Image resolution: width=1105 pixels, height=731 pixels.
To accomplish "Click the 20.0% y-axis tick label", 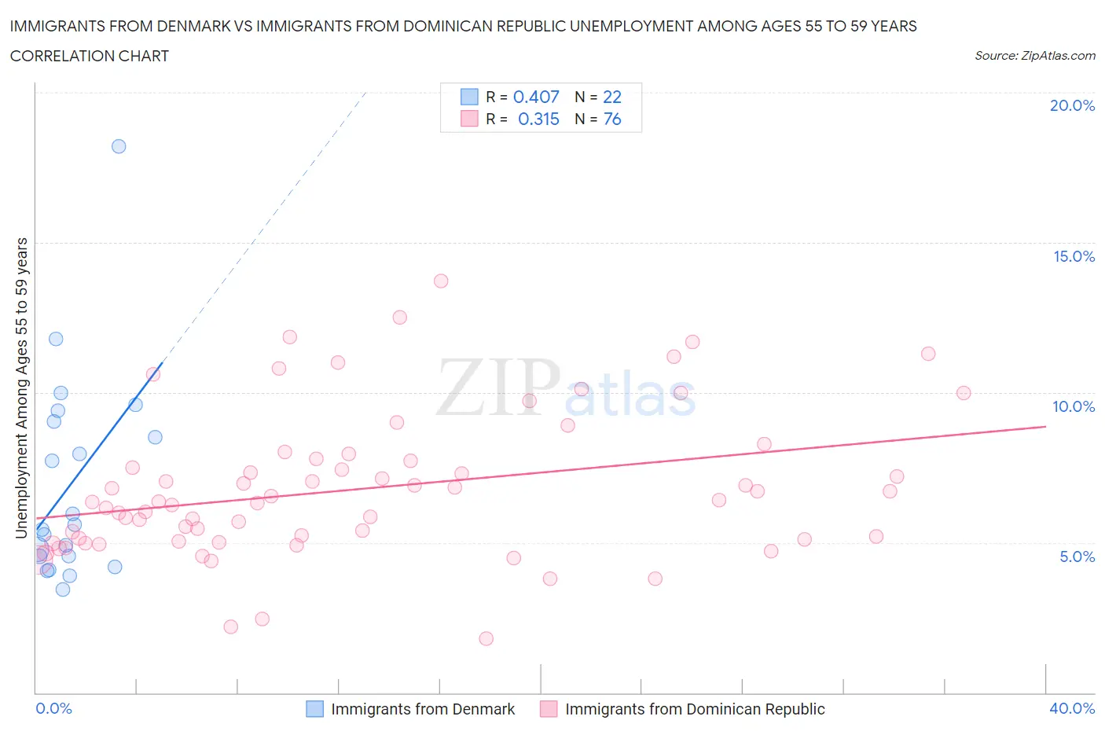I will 1072,105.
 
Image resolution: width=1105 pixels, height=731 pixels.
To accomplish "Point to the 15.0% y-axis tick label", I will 1074,256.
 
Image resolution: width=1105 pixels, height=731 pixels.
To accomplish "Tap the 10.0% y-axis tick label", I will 1074,406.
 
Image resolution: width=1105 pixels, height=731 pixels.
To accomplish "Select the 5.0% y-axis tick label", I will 1077,557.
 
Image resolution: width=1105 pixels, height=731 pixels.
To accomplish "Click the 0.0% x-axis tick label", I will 53,708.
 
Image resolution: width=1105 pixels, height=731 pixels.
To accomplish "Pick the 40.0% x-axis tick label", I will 1072,708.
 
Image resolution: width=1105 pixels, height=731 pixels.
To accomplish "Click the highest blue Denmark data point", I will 119,146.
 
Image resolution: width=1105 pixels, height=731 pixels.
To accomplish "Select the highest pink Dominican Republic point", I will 441,281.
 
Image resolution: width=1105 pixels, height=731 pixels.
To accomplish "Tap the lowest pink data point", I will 486,638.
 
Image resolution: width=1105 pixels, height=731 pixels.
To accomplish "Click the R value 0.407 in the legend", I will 536,97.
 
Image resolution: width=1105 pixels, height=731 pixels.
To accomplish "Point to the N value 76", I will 612,119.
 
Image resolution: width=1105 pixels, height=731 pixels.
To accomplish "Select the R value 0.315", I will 538,119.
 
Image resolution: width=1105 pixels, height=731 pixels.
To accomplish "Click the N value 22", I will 612,97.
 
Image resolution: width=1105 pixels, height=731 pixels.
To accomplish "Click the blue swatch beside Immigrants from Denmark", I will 314,709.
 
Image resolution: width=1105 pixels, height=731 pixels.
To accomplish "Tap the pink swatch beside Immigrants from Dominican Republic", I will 549,709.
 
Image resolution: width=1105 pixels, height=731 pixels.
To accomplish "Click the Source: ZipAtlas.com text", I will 1034,55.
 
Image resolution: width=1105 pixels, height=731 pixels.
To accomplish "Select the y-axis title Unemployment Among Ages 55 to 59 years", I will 22,388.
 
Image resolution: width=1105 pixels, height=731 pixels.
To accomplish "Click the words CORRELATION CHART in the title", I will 90,56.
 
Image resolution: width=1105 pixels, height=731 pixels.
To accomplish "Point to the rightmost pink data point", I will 964,393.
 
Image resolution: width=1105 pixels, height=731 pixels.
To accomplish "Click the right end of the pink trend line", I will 1046,426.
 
